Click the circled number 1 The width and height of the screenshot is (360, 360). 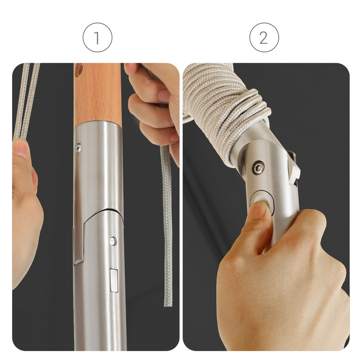pos(97,37)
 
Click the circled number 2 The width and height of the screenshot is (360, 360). pos(264,37)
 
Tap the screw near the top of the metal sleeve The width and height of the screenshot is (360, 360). pos(78,148)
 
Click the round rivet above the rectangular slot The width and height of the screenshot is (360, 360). pos(112,241)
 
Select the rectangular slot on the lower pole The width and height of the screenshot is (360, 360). pos(114,280)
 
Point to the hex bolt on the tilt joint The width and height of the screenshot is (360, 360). pos(258,168)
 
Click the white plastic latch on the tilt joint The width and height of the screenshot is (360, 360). pos(295,168)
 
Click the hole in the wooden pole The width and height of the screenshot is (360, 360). pos(79,70)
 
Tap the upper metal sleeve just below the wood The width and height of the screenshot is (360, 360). pos(99,165)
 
